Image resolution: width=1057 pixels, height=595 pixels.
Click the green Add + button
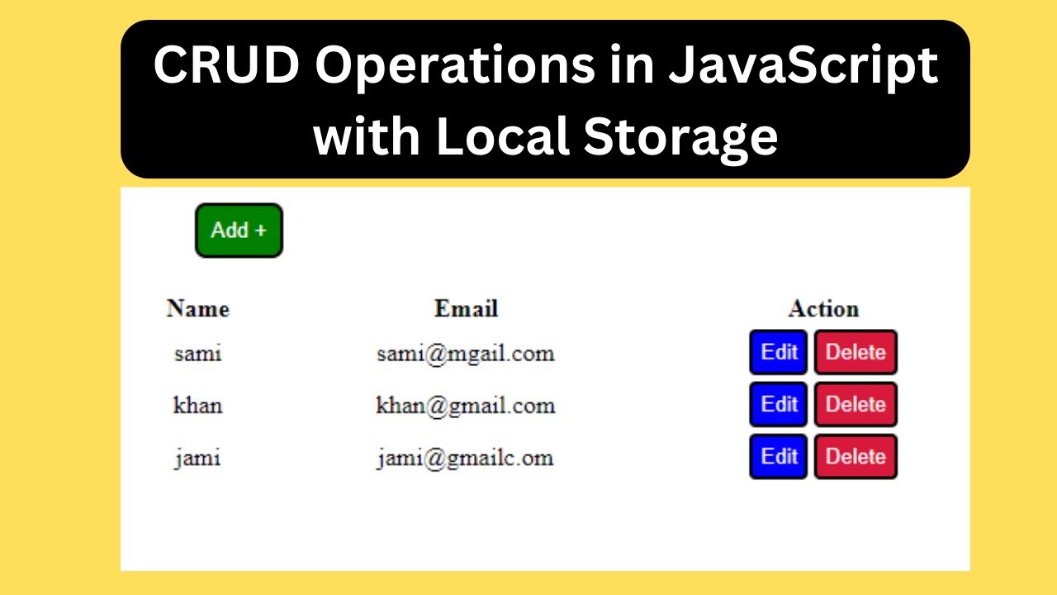click(x=239, y=231)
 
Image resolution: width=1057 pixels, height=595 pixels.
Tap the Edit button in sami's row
click(x=778, y=352)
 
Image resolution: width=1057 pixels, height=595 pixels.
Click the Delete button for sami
click(x=856, y=352)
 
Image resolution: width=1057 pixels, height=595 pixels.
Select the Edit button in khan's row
click(x=778, y=404)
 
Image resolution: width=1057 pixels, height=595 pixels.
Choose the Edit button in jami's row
click(x=778, y=456)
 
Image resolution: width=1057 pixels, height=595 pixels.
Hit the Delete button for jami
click(x=856, y=456)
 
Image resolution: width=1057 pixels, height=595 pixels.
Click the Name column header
click(x=198, y=309)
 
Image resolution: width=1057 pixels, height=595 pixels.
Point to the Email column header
click(x=466, y=309)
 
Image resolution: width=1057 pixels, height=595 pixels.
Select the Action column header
click(x=823, y=309)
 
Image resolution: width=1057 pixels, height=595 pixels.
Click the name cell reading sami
click(x=198, y=354)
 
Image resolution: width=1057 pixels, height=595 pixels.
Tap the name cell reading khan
click(x=198, y=406)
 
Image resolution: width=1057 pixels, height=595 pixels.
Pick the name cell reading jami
click(x=198, y=458)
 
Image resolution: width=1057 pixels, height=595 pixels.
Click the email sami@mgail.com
click(x=466, y=354)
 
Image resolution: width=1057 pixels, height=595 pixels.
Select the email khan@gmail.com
click(x=466, y=406)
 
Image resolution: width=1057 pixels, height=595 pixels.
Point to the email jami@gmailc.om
click(x=466, y=458)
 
